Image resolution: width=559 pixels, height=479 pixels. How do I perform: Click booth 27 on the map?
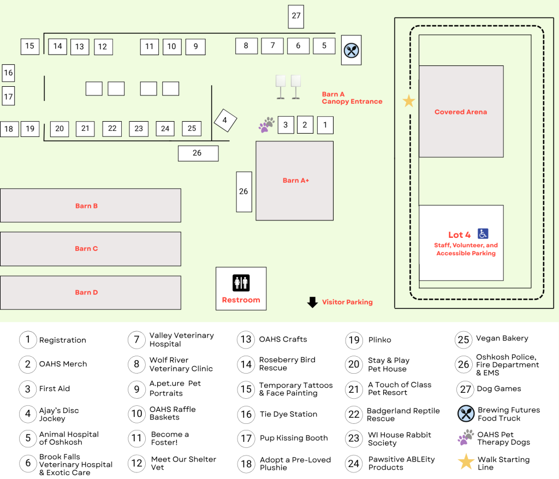tap(296, 16)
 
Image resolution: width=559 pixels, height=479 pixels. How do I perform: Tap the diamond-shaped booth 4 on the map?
tap(225, 121)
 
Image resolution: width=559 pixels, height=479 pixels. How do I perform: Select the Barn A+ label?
tap(295, 181)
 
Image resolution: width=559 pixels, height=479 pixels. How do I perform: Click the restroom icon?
tap(241, 283)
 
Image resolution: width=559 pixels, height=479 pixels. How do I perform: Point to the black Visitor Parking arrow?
tap(312, 302)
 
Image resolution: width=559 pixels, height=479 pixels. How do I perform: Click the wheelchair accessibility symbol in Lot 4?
tap(483, 234)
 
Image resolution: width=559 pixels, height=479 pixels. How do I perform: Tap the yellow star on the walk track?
tap(408, 101)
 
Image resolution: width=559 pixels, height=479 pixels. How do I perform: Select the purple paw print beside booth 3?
tap(266, 125)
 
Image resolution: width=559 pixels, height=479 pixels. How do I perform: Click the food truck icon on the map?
tap(351, 50)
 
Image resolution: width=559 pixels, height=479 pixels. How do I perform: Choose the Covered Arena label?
tap(461, 112)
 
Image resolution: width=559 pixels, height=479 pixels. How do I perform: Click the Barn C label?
tap(86, 248)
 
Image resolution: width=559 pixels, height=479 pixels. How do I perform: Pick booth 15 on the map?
tap(30, 46)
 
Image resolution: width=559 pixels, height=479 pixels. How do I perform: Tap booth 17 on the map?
tap(8, 96)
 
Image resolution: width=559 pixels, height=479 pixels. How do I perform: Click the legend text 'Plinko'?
tap(380, 340)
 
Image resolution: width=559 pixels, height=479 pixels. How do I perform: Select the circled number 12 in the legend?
tap(137, 463)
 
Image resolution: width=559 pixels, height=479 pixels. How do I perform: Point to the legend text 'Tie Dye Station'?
tap(288, 414)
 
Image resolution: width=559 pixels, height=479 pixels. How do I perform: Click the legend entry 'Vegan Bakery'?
tap(502, 338)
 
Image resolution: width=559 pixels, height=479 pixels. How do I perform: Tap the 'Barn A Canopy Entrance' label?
tap(352, 98)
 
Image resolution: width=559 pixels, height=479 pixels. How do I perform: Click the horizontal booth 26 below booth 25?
tap(198, 153)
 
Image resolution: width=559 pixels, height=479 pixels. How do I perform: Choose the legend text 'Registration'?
tap(63, 340)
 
